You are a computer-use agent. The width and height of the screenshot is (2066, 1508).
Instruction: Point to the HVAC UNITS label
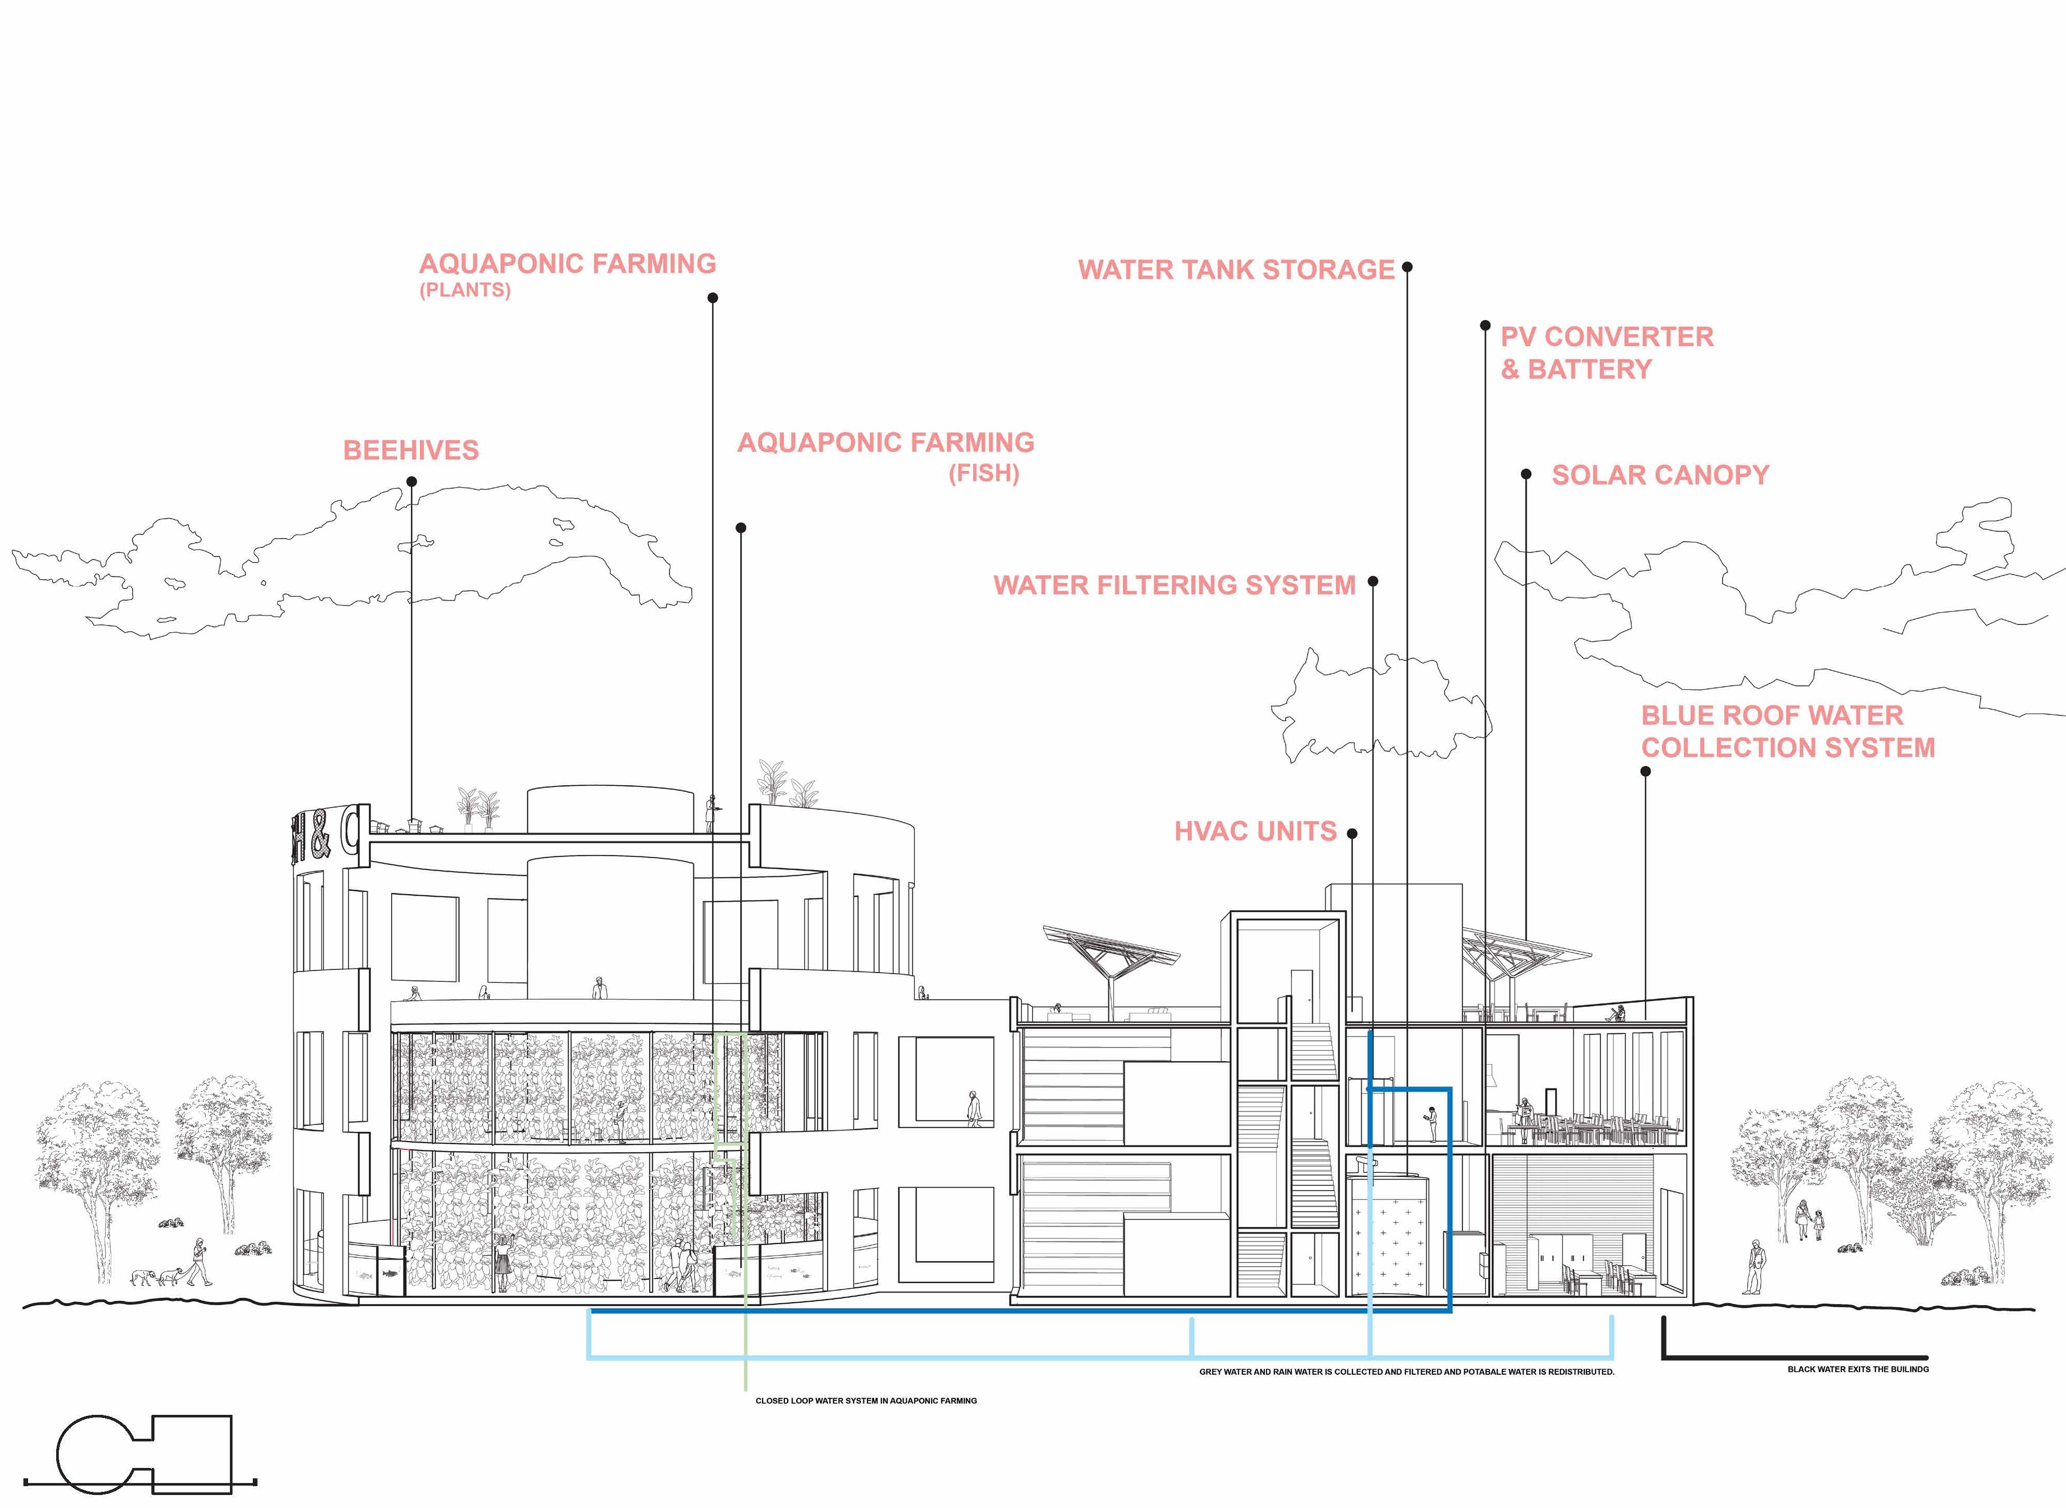click(x=1255, y=832)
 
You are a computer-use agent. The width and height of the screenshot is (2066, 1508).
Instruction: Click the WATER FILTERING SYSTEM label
click(x=1174, y=585)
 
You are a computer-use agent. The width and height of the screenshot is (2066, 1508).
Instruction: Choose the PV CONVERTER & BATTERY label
click(x=1606, y=352)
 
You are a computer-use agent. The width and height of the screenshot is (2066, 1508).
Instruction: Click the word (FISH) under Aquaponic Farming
click(x=983, y=474)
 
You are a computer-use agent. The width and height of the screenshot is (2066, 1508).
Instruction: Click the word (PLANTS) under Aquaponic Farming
click(x=464, y=290)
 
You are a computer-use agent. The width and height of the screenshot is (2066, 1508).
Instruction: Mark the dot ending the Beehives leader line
click(x=410, y=481)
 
